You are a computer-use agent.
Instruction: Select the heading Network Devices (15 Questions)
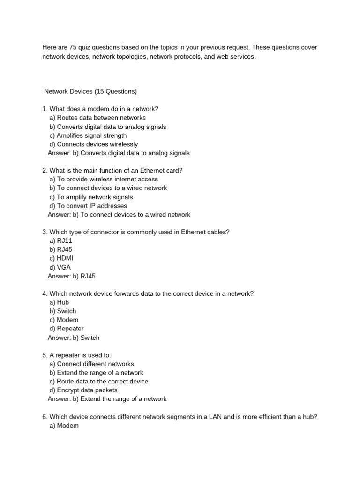pos(90,91)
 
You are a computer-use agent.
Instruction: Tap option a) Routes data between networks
pos(97,118)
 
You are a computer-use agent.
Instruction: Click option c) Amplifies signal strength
pos(88,135)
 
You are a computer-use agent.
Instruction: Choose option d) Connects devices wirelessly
pos(93,144)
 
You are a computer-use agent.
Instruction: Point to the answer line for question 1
pos(119,153)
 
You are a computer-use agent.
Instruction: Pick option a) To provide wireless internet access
pos(104,179)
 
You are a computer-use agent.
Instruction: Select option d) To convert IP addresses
pos(88,206)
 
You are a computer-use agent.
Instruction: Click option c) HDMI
pos(61,258)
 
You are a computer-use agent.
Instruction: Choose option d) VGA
pos(60,267)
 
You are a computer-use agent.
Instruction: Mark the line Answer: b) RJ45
pos(71,276)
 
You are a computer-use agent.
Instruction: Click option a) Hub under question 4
pos(59,302)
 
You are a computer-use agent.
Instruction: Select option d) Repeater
pos(67,329)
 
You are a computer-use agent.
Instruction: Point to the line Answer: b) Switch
pos(74,337)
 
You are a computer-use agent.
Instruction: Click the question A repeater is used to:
pos(76,355)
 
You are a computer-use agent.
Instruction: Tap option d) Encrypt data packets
pos(83,390)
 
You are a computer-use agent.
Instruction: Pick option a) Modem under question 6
pos(64,426)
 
